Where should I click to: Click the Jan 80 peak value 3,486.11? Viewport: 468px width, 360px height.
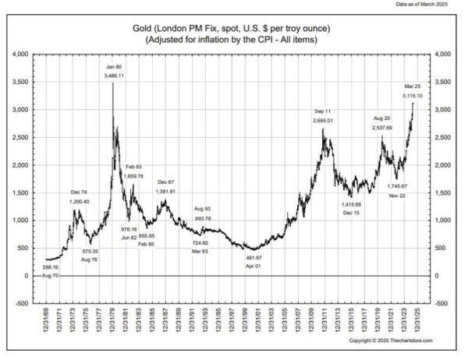click(115, 75)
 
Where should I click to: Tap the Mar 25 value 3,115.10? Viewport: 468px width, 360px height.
click(413, 95)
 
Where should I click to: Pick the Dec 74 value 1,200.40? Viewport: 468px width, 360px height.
click(80, 201)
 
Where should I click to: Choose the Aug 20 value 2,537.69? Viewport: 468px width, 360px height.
click(382, 127)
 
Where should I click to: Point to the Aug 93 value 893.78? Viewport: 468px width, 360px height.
click(202, 219)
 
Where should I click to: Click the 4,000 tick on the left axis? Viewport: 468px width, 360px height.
click(19, 54)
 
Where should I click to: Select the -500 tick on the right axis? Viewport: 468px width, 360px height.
click(444, 303)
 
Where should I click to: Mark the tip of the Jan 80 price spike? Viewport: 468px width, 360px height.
click(114, 83)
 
